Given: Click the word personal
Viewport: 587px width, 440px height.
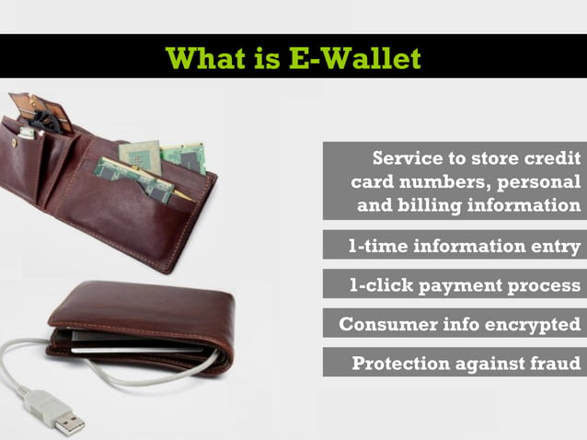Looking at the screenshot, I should [x=537, y=180].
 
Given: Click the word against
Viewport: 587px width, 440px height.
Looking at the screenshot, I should [x=488, y=363].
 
